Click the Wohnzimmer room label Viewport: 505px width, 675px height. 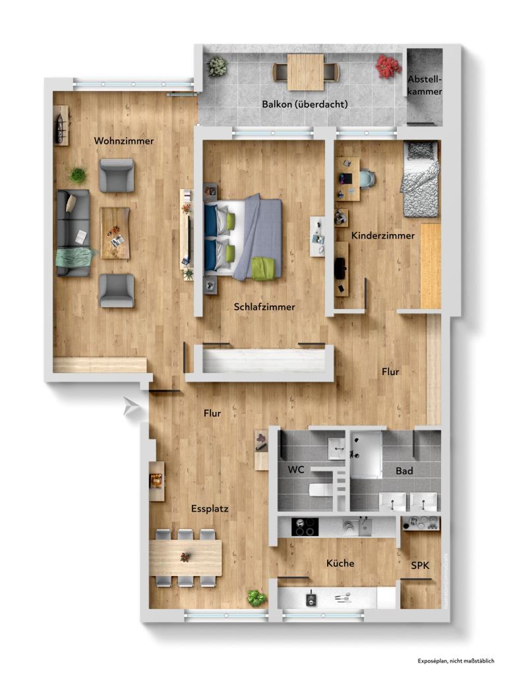point(124,141)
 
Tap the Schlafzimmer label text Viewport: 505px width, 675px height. point(264,307)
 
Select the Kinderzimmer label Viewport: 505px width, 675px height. point(383,235)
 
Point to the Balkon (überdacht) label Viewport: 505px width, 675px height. point(305,104)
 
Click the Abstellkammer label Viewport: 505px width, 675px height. point(425,86)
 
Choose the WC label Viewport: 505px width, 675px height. point(298,471)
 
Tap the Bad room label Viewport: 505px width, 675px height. point(404,471)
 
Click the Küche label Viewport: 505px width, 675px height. point(340,564)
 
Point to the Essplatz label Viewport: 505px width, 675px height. point(210,509)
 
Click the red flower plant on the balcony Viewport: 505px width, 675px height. point(388,66)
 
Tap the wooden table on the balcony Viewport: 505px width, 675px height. point(305,71)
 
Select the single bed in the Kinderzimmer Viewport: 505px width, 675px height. point(420,179)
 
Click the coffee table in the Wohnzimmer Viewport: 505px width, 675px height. point(115,233)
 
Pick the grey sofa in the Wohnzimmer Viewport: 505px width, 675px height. point(73,233)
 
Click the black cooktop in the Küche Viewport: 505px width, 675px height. point(305,527)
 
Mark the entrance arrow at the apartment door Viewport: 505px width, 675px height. point(132,408)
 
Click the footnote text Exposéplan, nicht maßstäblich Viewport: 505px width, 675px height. point(454,660)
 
